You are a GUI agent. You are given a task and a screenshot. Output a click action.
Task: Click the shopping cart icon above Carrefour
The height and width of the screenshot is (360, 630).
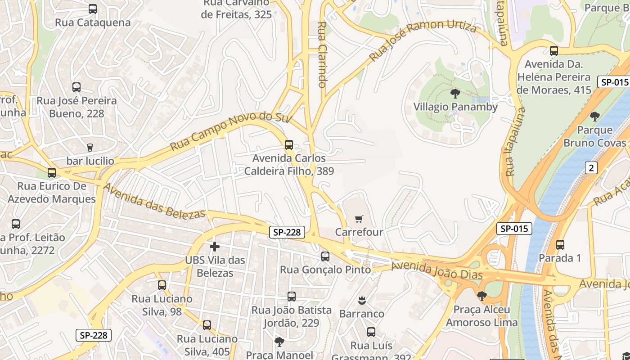(x=359, y=219)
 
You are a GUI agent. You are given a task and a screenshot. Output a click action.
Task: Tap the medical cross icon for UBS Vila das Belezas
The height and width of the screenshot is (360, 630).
(x=215, y=247)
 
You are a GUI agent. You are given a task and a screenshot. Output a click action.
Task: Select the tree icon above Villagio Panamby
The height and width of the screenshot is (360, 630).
(x=455, y=94)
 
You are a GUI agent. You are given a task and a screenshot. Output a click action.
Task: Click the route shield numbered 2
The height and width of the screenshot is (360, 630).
(x=591, y=168)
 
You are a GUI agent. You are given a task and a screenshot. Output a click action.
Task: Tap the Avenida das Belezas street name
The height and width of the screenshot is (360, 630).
(x=154, y=201)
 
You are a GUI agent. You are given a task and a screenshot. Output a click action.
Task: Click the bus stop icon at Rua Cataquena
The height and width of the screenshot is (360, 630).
(x=93, y=9)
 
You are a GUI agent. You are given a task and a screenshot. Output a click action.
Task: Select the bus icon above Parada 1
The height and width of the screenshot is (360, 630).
(x=560, y=245)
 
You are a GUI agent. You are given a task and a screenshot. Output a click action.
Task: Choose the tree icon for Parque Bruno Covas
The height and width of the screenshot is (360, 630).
(x=595, y=117)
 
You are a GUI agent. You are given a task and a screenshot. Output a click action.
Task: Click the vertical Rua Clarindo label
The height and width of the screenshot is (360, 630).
(x=322, y=54)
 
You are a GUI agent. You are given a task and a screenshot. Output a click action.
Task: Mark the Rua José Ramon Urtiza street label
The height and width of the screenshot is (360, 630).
(x=423, y=41)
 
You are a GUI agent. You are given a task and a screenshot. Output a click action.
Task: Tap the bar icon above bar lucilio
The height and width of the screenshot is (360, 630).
(x=90, y=147)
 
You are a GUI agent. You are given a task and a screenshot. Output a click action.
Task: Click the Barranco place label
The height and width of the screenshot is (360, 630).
(x=361, y=313)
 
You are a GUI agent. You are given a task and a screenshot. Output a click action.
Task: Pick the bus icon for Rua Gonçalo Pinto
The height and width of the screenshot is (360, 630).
(x=325, y=256)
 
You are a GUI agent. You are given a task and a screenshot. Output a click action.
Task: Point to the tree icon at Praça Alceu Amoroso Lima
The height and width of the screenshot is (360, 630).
(x=481, y=296)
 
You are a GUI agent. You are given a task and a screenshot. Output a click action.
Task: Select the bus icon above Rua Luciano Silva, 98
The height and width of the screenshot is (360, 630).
(x=162, y=285)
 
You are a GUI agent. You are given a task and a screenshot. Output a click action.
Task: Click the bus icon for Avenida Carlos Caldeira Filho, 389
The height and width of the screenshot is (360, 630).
(x=289, y=145)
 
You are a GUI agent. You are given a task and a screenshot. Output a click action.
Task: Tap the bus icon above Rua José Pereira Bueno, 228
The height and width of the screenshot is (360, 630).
(x=76, y=87)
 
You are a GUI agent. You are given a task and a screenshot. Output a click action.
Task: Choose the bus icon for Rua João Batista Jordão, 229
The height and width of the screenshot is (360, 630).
(x=292, y=297)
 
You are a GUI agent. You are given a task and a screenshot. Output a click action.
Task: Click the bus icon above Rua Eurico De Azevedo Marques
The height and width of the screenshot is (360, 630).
(x=52, y=173)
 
